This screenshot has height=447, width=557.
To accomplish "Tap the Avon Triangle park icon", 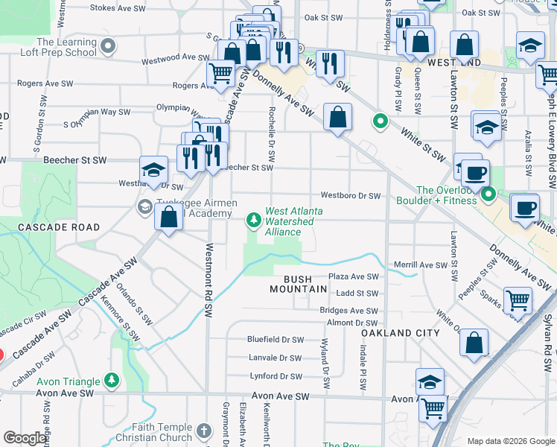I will (112, 379).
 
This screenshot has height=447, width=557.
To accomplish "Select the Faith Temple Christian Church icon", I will (205, 430).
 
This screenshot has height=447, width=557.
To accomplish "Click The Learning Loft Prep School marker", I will (109, 47).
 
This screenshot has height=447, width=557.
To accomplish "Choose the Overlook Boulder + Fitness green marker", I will (488, 195).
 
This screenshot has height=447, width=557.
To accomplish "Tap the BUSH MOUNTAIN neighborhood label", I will (295, 284).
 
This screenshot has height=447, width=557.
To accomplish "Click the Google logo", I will (26, 438).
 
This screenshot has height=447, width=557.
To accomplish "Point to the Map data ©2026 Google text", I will (510, 441).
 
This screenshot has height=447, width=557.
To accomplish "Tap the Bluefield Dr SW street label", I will (276, 340).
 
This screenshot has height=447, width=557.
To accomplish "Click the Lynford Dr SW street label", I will (276, 377).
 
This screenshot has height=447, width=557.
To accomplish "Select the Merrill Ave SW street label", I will (421, 265).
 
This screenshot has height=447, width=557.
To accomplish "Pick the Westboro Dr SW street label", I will (351, 196).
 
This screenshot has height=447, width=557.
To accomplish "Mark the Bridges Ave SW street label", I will (348, 311).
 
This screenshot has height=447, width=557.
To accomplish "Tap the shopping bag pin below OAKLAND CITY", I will (474, 343).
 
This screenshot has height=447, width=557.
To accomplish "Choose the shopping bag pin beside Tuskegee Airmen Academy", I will (169, 218).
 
